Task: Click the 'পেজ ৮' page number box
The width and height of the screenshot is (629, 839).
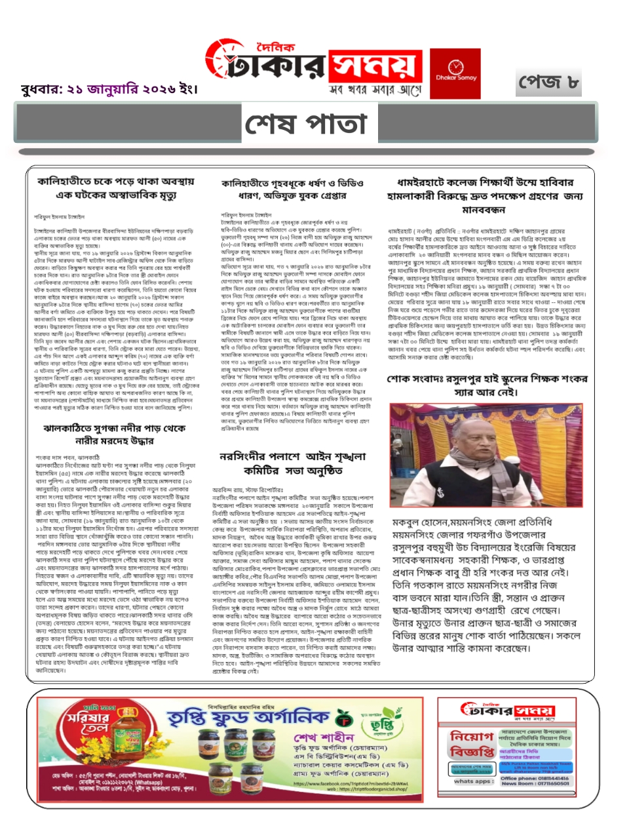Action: tap(548, 83)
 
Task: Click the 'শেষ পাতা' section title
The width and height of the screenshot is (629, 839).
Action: tap(306, 124)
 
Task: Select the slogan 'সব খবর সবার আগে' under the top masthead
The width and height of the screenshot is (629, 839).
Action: tap(375, 90)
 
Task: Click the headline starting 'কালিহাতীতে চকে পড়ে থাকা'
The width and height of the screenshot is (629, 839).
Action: tap(115, 187)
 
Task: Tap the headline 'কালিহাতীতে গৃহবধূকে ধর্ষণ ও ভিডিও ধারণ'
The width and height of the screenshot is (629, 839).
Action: tap(293, 189)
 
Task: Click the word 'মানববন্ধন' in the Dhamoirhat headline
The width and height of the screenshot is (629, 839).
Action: tap(484, 210)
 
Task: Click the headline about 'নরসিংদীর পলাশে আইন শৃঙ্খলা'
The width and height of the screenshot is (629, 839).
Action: tap(293, 463)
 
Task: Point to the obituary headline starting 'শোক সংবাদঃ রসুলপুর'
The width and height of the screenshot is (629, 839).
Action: tap(487, 385)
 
